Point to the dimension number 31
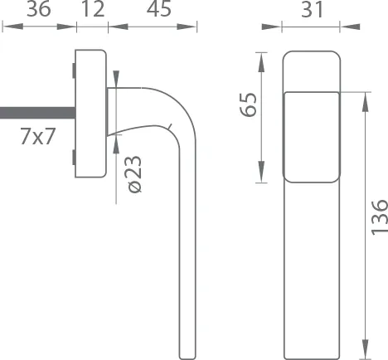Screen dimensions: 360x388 click(311, 11)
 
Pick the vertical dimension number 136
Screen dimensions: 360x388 click(378, 217)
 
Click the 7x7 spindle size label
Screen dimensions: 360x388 click(37, 137)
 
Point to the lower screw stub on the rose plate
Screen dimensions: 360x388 click(74, 157)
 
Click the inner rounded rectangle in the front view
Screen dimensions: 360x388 click(312, 137)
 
